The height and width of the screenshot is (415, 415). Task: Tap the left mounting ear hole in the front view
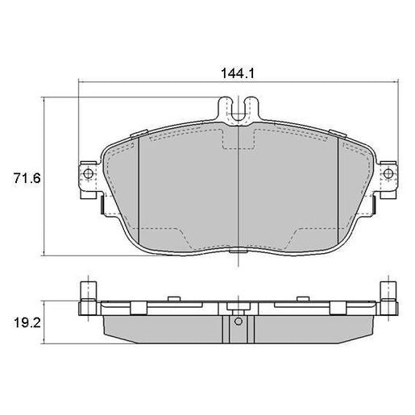tap(86, 173)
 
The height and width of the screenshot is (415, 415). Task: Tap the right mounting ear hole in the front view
tap(388, 173)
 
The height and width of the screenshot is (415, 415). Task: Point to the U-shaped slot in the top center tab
tap(238, 107)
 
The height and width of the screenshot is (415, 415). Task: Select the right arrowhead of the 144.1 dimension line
tap(392, 82)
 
